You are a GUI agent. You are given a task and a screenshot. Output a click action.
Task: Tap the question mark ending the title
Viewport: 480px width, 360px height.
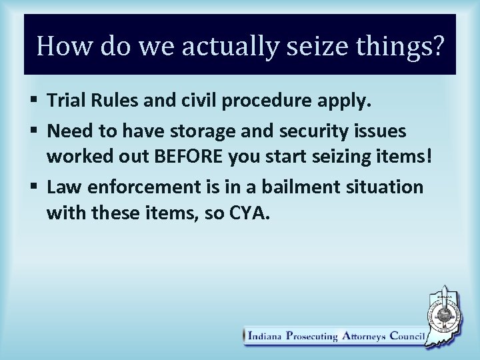pyautogui.click(x=435, y=46)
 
